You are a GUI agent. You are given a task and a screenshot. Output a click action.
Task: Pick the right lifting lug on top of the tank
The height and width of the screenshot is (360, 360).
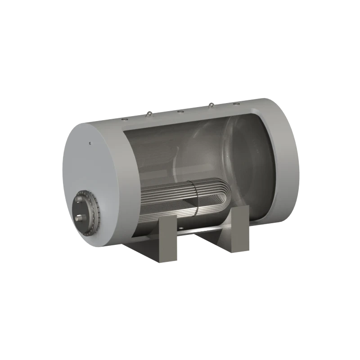tap(211, 106)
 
